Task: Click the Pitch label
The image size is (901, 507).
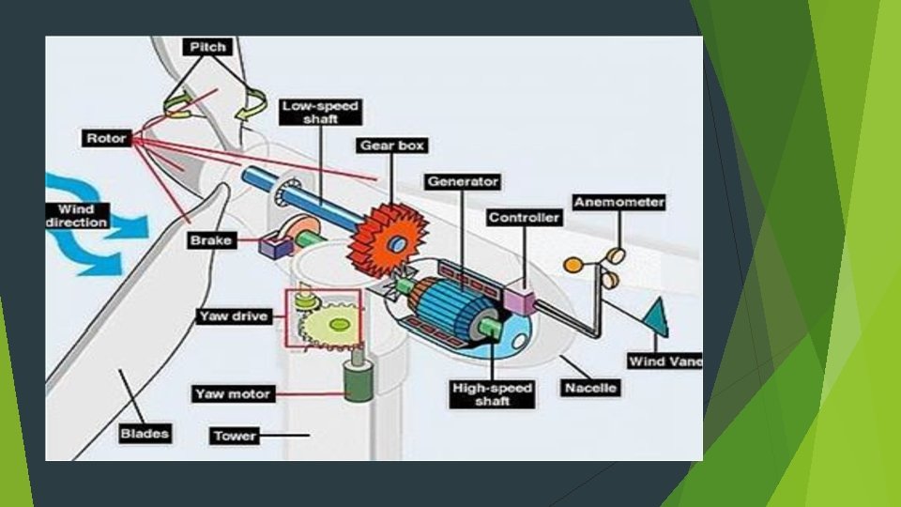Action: pyautogui.click(x=207, y=47)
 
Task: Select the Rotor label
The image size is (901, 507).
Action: pyautogui.click(x=106, y=138)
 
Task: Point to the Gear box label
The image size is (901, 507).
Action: pyautogui.click(x=392, y=146)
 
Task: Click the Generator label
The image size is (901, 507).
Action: pyautogui.click(x=464, y=181)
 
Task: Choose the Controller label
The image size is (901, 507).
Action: pyautogui.click(x=525, y=218)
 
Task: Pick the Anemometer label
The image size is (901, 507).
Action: pyautogui.click(x=619, y=202)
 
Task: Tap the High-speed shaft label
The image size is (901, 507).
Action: pyautogui.click(x=493, y=394)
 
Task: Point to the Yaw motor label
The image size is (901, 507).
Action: pyautogui.click(x=233, y=393)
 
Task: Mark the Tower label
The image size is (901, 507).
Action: pyautogui.click(x=235, y=436)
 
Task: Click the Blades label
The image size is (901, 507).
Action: pyautogui.click(x=145, y=433)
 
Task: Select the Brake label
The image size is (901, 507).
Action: pyautogui.click(x=210, y=240)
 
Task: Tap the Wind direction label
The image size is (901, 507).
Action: pyautogui.click(x=77, y=215)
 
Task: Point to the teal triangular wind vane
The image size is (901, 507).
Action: pyautogui.click(x=656, y=317)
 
